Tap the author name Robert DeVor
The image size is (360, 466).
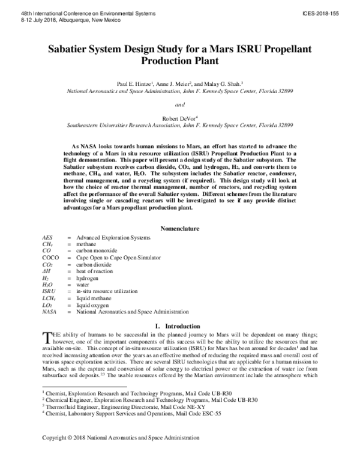[178, 119]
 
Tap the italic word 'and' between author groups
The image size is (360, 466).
[179, 104]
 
